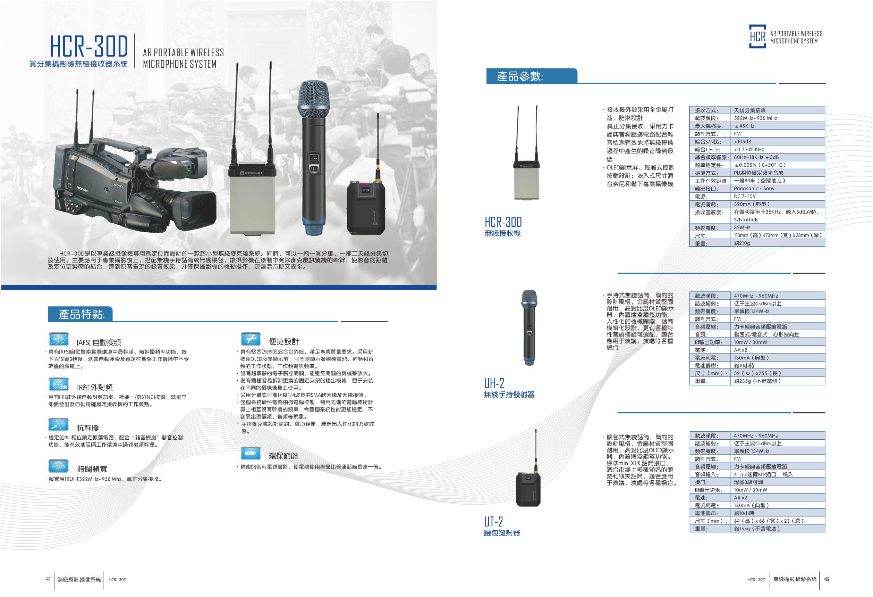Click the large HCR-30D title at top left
(90, 47)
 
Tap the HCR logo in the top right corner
(757, 36)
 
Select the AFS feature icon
(59, 339)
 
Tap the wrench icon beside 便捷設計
(251, 339)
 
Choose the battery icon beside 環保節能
(251, 454)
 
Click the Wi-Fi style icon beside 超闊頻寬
(59, 466)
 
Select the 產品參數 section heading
(519, 76)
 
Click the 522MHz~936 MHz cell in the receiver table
(755, 118)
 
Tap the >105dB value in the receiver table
(743, 142)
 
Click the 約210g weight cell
(742, 243)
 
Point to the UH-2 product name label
(494, 384)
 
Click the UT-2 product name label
(493, 522)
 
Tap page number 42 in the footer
(827, 579)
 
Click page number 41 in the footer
(48, 579)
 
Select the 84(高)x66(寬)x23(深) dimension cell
(769, 521)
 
